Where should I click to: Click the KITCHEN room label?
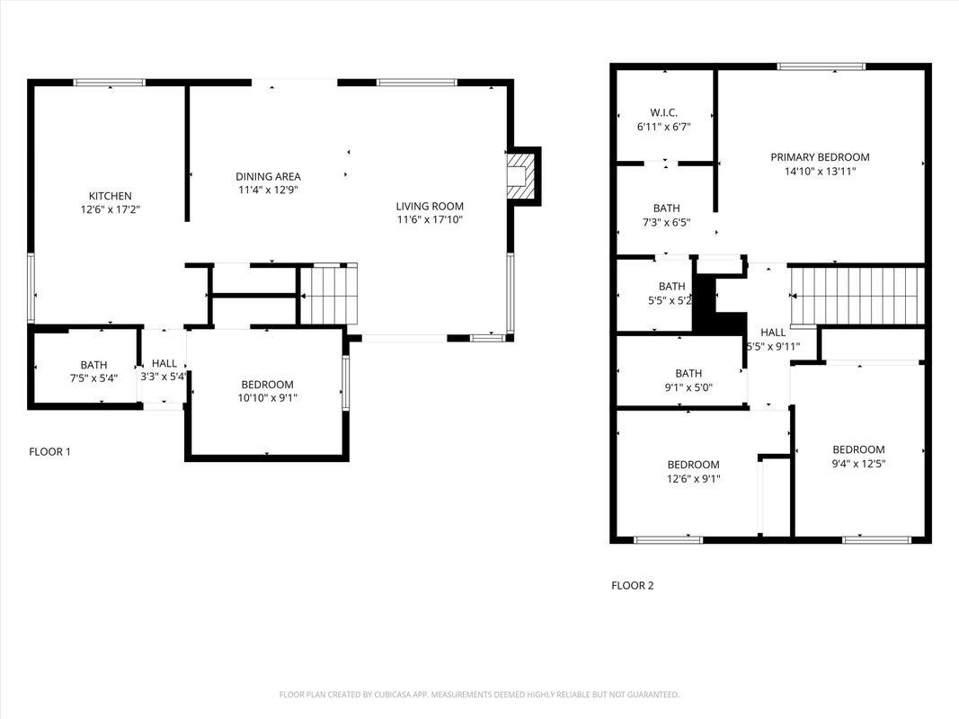point(110,196)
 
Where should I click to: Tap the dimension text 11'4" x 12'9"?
point(269,190)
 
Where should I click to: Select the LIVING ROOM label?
point(430,206)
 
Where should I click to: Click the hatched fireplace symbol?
point(519,176)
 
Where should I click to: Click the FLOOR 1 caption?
point(49,451)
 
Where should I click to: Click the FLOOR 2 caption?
point(633,585)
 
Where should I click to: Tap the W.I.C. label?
point(663,112)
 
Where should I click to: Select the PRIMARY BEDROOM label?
point(820,157)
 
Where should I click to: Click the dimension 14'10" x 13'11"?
point(820,171)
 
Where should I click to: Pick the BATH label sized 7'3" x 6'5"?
point(667,208)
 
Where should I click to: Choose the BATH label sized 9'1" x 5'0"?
point(688,373)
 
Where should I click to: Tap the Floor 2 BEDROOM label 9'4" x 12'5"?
point(858,449)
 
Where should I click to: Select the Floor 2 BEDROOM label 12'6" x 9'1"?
point(693,465)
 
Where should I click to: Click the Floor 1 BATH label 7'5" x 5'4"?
point(93,364)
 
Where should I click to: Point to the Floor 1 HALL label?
point(164,363)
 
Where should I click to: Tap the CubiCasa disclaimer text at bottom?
point(479,695)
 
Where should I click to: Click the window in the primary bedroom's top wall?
point(821,67)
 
